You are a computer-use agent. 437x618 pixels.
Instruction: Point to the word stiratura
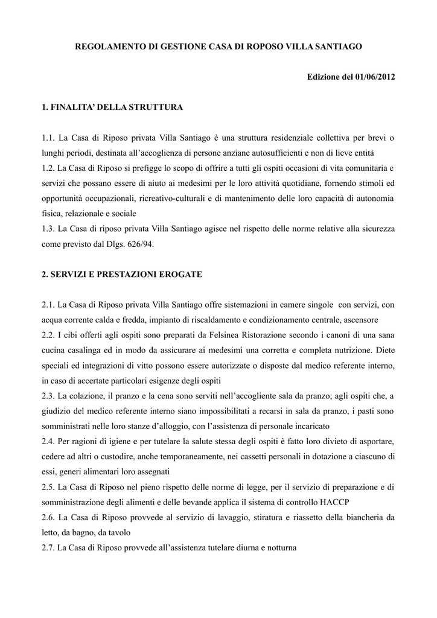coord(272,517)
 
